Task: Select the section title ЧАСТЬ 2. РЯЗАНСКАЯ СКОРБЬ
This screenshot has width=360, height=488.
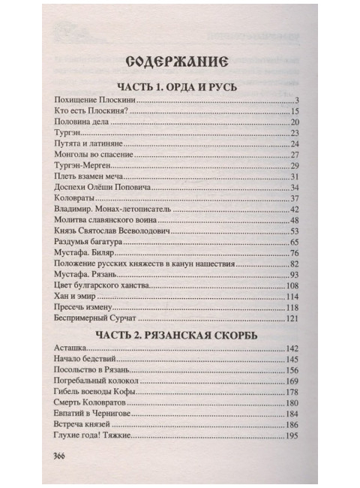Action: pyautogui.click(x=177, y=335)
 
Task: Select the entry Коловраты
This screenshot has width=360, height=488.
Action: pyautogui.click(x=75, y=198)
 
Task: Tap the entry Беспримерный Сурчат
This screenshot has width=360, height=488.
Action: pyautogui.click(x=97, y=319)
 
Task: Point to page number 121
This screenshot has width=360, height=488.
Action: pyautogui.click(x=292, y=319)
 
